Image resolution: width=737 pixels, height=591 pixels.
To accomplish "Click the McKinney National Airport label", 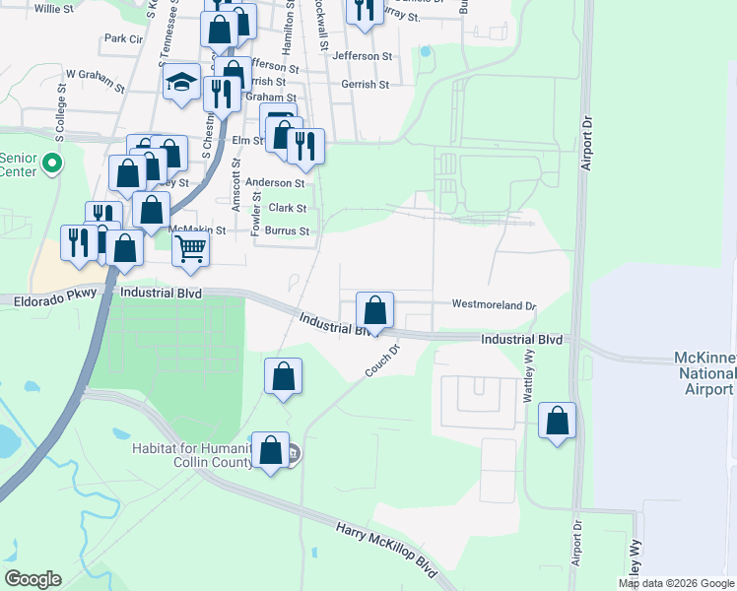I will tap(703, 373).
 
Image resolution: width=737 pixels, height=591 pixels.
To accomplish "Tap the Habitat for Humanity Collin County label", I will tap(191, 456).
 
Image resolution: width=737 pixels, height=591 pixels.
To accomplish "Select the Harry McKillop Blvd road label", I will tap(386, 552).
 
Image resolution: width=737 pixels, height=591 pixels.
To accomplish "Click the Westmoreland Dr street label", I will tap(493, 305).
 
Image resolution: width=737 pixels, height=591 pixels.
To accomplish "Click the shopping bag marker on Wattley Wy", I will tap(558, 421).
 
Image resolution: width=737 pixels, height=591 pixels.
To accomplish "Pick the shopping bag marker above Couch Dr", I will tap(374, 310).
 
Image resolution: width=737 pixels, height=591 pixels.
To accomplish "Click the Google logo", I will tap(33, 578).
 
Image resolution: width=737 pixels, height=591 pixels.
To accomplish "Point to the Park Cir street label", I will tap(123, 39).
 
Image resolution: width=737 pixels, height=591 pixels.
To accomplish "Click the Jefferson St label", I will tap(363, 56).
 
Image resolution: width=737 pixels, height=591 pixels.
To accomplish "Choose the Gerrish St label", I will tap(366, 85).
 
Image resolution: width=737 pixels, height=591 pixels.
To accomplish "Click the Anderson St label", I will tap(275, 182).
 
